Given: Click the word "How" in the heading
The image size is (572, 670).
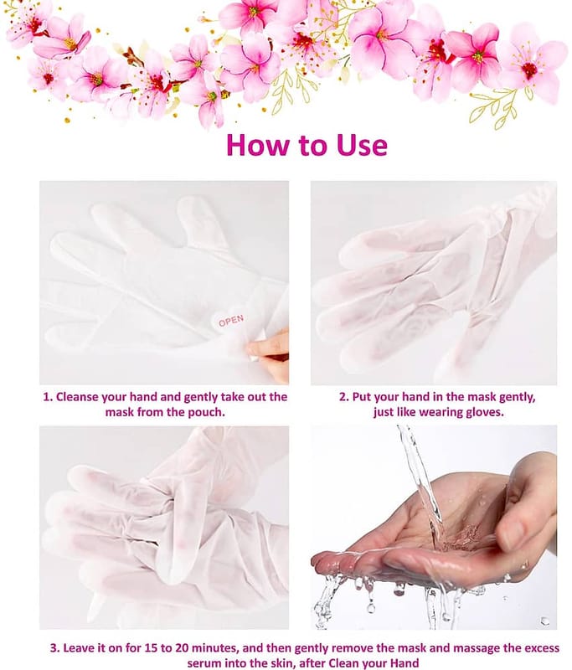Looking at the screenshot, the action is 258,144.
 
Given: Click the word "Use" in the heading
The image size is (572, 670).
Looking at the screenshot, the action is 363,144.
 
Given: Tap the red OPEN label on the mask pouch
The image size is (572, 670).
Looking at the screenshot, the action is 231,321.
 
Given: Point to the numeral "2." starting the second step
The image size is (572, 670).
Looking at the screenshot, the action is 344,397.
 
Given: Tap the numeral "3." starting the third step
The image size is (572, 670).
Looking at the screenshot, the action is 55,648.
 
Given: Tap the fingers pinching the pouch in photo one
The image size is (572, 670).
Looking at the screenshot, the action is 271,355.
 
